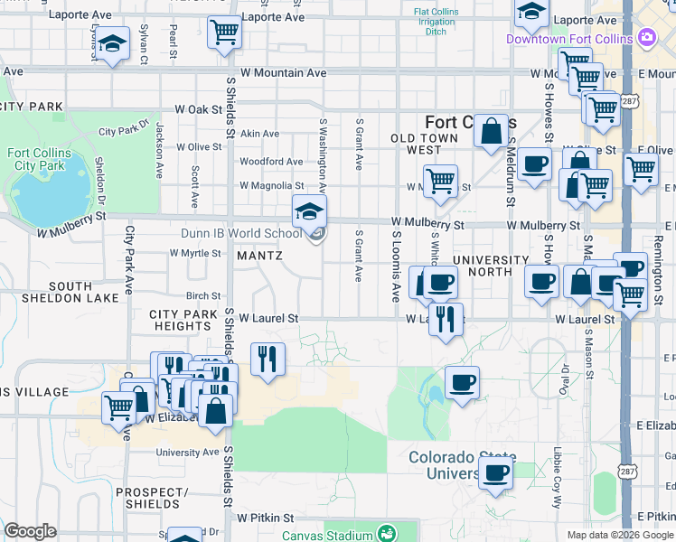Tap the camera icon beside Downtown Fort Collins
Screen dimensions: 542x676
tap(646, 38)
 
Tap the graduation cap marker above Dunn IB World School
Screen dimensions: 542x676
tap(309, 212)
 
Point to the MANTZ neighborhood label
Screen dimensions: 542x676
tap(259, 256)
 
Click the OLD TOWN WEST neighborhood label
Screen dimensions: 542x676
tap(429, 144)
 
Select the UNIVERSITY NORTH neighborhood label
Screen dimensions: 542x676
tap(491, 266)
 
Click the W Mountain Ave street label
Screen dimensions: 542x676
tap(283, 72)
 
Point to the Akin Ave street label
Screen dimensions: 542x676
tap(259, 134)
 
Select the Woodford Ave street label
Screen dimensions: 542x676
tap(271, 162)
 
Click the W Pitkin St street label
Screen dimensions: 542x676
tap(266, 519)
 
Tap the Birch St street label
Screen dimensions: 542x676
tap(203, 295)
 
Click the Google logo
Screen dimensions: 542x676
tap(31, 531)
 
